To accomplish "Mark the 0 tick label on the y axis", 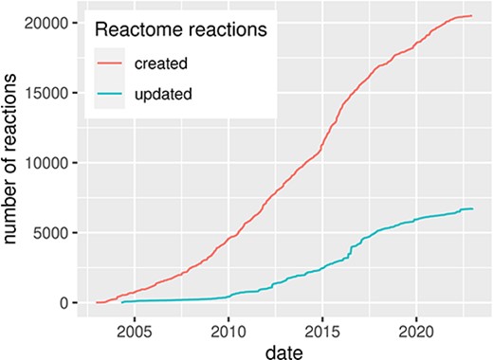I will (x=66, y=303).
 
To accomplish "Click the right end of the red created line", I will (x=472, y=15).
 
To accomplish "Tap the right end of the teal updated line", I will (x=472, y=208).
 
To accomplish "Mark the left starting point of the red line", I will (x=96, y=302).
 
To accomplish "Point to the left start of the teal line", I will (x=123, y=302).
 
